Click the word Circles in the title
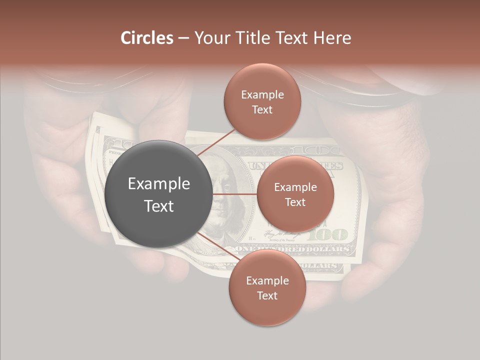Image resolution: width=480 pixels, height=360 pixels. coord(146,38)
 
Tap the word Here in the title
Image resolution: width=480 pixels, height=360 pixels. coord(332,38)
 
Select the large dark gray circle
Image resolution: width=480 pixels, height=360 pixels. coord(158,194)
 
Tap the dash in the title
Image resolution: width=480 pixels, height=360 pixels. coord(183,38)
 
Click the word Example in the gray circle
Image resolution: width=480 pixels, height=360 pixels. coord(158,184)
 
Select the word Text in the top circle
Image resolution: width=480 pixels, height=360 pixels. coord(262,109)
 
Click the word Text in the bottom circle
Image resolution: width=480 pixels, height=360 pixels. coord(267,295)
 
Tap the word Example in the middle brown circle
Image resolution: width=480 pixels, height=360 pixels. coord(295,187)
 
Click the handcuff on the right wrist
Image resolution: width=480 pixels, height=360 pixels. coord(370,97)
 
